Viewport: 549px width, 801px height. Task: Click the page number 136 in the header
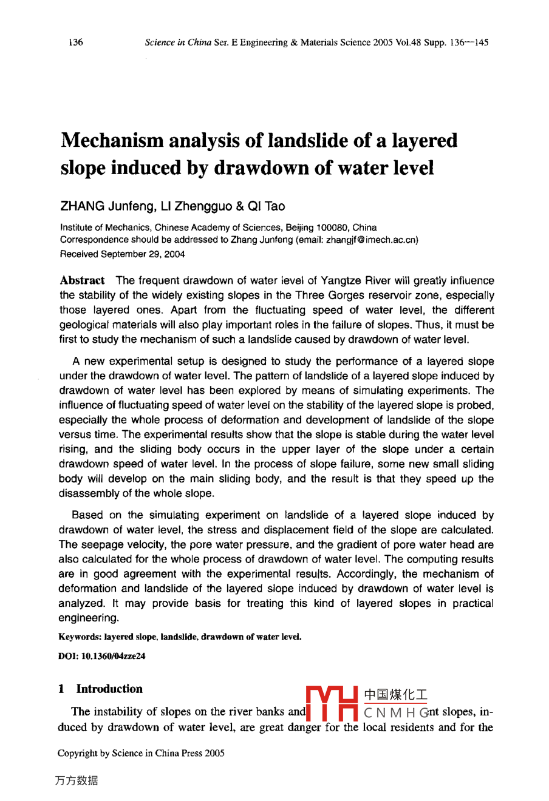click(x=76, y=42)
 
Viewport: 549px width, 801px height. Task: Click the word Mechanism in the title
click(x=112, y=141)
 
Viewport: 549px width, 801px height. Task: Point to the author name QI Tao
click(x=267, y=206)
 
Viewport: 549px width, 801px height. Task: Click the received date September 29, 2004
click(x=142, y=254)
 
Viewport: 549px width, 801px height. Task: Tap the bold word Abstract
click(x=82, y=280)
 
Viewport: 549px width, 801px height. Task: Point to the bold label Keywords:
click(x=80, y=637)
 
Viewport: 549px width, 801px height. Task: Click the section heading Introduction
click(x=109, y=689)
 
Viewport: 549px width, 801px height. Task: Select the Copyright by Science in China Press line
click(x=141, y=754)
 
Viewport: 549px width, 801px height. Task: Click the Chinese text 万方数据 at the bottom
click(x=76, y=781)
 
